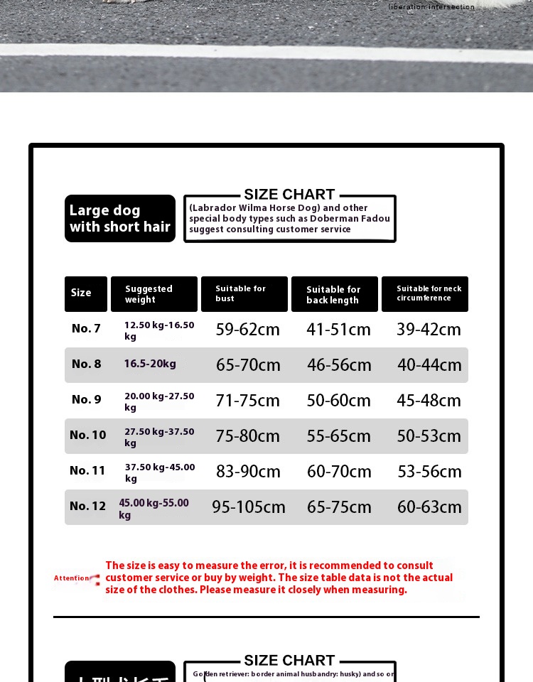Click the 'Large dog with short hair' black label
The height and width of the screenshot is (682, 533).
(120, 218)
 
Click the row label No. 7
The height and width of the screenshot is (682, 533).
(86, 328)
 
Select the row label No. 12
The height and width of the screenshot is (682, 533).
(87, 506)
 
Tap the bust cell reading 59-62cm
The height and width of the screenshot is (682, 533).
(247, 330)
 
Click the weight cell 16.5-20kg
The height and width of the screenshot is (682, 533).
(150, 364)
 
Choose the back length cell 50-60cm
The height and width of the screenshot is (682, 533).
(338, 401)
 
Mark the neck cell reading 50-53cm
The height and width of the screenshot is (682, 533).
(429, 436)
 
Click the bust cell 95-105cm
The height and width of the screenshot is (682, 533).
(248, 507)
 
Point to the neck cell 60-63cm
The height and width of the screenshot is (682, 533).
(429, 507)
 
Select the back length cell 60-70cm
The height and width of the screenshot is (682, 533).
(339, 472)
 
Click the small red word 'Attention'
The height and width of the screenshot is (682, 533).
(72, 578)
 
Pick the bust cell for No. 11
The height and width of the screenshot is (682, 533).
(247, 472)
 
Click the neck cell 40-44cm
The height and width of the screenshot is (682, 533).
(429, 365)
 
